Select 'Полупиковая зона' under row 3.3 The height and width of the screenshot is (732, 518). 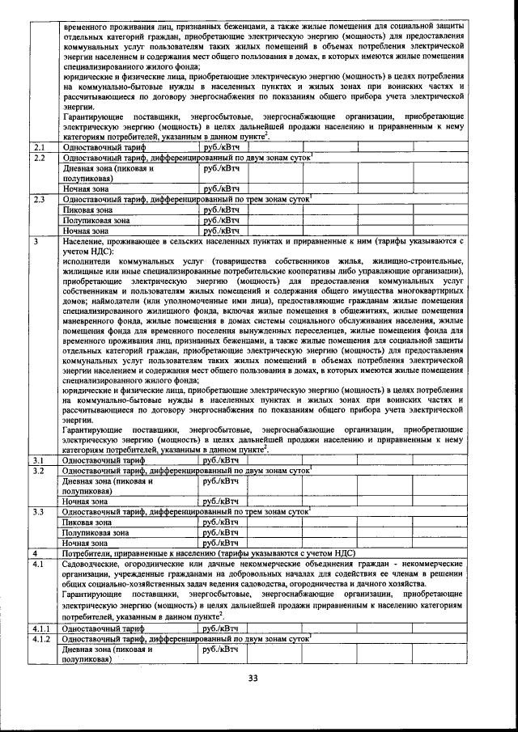coord(96,533)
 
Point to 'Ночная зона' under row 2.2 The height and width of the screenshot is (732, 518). coord(86,188)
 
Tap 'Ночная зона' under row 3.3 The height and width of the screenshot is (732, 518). coord(86,544)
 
